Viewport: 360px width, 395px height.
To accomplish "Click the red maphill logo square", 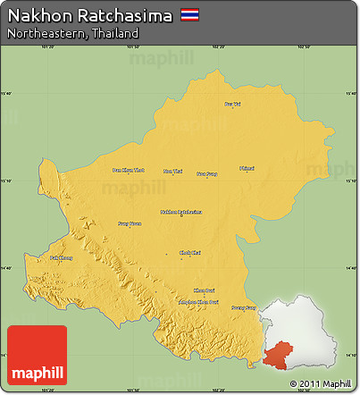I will (37, 356).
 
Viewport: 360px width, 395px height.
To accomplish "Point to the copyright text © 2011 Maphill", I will (320, 384).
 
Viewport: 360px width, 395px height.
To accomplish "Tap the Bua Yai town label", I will (232, 105).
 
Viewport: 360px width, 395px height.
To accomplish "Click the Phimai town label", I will (247, 167).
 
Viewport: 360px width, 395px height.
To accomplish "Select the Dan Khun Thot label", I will (127, 170).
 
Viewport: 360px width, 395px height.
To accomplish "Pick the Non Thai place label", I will (172, 171).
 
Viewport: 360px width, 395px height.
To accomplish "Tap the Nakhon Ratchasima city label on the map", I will (180, 212).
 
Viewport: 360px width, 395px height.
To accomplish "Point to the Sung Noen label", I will (130, 223).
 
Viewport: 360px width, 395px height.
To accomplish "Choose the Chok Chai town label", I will (190, 253).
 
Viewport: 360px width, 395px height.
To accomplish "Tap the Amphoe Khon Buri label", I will (200, 302).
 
